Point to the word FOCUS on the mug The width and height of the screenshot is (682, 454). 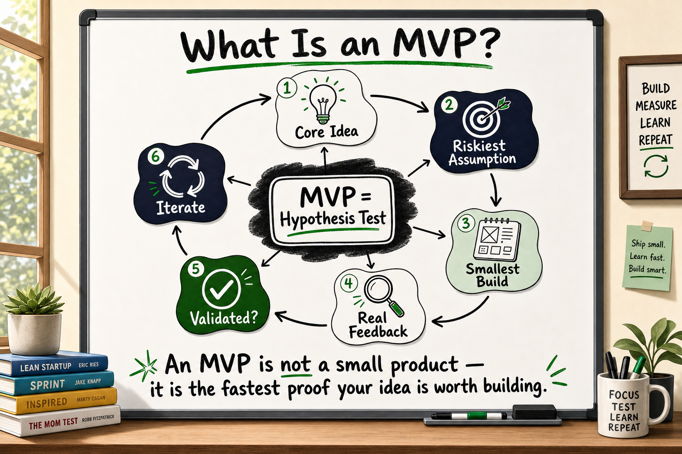624,395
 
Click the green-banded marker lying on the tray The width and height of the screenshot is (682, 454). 469,416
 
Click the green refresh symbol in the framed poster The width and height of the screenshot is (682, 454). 656,166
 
